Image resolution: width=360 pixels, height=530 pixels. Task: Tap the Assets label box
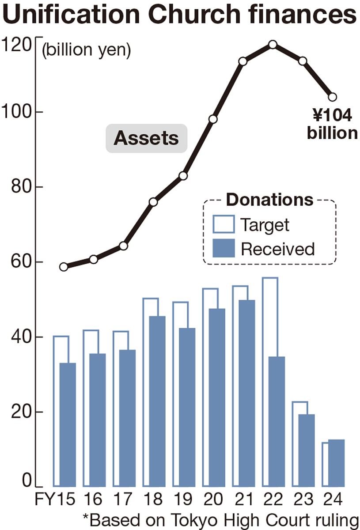click(x=146, y=138)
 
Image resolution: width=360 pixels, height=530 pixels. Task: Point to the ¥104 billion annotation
click(x=332, y=124)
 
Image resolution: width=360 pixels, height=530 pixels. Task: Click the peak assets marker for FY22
click(x=273, y=44)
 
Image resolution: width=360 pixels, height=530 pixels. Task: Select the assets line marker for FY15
click(x=64, y=267)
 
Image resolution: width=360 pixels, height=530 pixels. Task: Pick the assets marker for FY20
click(x=213, y=119)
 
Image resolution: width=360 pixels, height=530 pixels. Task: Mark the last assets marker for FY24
click(x=332, y=97)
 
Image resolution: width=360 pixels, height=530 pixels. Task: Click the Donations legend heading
click(x=269, y=200)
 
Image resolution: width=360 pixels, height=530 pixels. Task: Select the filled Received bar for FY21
click(x=246, y=393)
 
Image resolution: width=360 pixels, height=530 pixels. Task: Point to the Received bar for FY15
click(x=67, y=424)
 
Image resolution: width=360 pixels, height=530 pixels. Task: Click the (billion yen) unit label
click(x=86, y=51)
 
